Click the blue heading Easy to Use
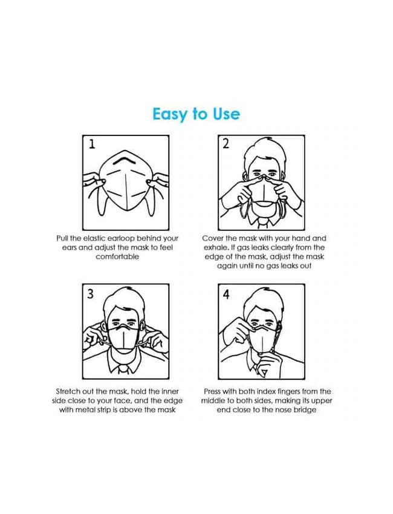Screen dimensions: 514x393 click(x=196, y=114)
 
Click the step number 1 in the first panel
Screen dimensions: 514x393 click(x=92, y=145)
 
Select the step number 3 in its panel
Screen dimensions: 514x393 click(x=91, y=294)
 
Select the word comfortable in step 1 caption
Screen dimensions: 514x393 click(x=117, y=256)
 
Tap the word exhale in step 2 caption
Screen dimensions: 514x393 click(x=214, y=247)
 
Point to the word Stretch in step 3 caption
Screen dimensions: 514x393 click(x=68, y=392)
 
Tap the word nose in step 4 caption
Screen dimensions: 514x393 click(x=280, y=410)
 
